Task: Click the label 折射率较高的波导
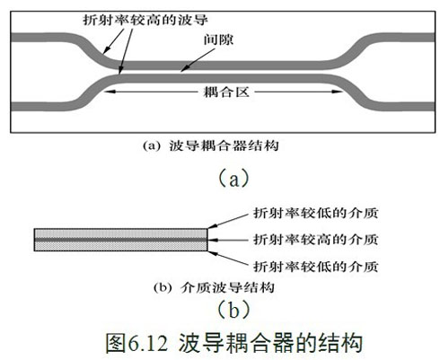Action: [x=145, y=21]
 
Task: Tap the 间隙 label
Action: [x=218, y=40]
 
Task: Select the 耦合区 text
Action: [x=226, y=92]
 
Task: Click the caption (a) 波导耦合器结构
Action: [x=211, y=146]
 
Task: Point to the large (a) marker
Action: [x=233, y=179]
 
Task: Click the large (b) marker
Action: [x=233, y=310]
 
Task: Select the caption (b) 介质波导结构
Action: [x=214, y=287]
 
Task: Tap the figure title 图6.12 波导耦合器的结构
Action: [x=233, y=343]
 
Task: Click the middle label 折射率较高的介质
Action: [x=316, y=240]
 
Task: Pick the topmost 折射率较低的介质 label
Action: [x=316, y=213]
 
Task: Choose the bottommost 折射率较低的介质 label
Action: [x=316, y=267]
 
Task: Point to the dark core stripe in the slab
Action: [x=120, y=240]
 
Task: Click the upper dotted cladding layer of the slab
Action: [x=120, y=233]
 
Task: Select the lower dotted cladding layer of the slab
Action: [x=120, y=246]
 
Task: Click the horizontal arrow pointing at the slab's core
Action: [x=228, y=240]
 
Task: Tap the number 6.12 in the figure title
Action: [x=148, y=344]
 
